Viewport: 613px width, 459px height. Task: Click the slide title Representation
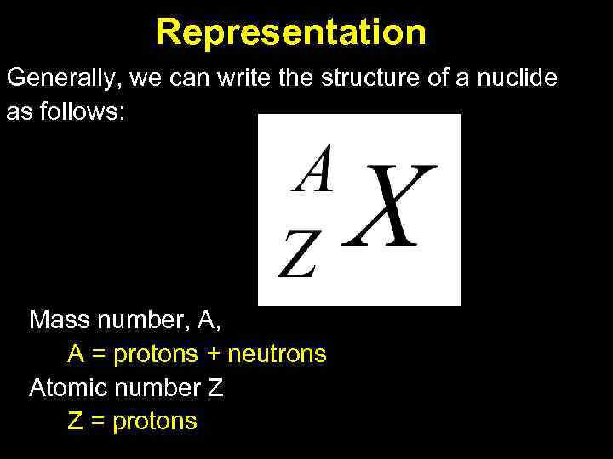[290, 32]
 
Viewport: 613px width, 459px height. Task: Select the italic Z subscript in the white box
[297, 257]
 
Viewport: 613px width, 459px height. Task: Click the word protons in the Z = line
[154, 421]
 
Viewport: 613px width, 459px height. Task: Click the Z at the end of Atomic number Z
[215, 388]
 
